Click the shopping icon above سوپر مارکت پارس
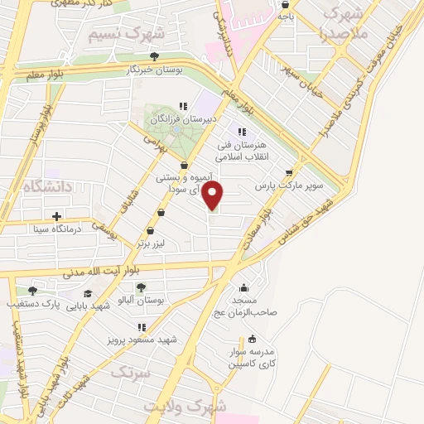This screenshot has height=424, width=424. pos(288,173)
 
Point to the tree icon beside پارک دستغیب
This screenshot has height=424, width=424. pos(32,290)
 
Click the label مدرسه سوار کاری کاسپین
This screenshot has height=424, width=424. pos(253,357)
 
